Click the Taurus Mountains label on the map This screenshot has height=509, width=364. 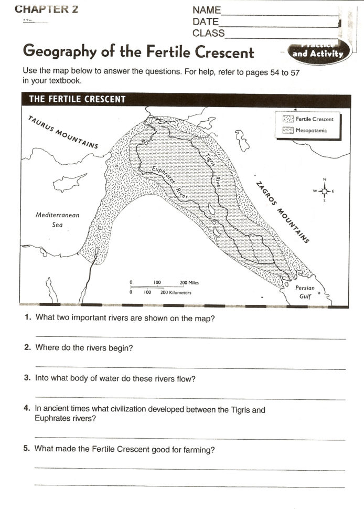click(x=62, y=132)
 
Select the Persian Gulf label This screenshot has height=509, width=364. click(x=305, y=292)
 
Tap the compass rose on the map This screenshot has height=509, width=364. click(x=324, y=190)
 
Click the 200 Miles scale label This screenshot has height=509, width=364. click(x=189, y=283)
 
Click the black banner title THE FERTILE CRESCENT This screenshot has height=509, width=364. click(x=77, y=100)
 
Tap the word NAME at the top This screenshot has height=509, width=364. click(x=206, y=10)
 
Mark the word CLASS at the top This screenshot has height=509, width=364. click(x=208, y=33)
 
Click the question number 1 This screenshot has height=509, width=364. click(x=27, y=318)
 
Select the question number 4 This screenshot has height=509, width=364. click(x=27, y=409)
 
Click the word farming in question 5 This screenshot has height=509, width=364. click(x=200, y=449)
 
